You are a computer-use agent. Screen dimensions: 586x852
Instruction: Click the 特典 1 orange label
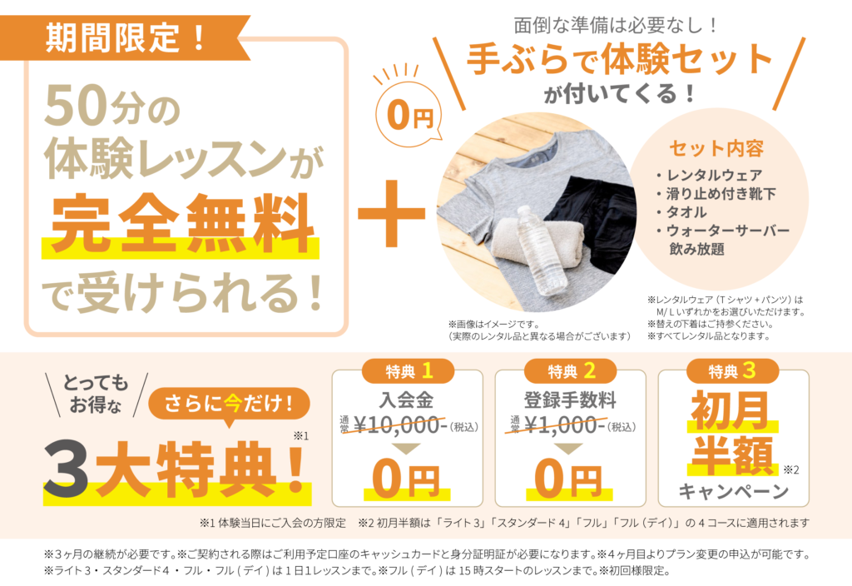(x=407, y=370)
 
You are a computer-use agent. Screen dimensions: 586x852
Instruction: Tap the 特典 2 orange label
(x=570, y=370)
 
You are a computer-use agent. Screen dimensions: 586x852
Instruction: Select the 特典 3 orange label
(x=733, y=370)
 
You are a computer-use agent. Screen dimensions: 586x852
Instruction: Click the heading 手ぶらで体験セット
(x=620, y=59)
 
